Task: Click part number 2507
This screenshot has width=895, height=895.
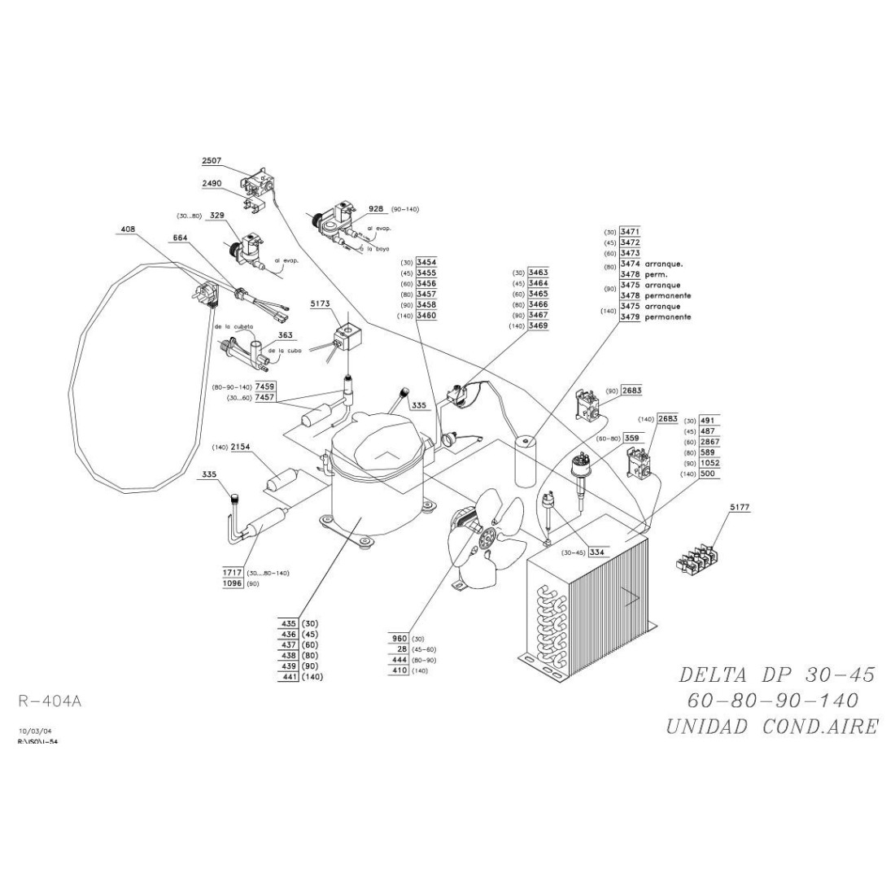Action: coord(212,162)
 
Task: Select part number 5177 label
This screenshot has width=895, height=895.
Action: coord(738,507)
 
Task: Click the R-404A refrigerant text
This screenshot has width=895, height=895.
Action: coord(50,700)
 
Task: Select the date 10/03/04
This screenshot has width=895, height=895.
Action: coord(33,732)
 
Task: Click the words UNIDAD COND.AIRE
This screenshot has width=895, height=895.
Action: coord(771,727)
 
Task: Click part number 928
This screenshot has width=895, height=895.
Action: coord(375,209)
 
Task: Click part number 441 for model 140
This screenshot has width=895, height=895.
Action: coord(289,677)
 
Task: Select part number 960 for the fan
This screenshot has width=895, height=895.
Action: coord(399,639)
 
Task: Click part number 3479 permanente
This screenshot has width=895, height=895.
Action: coord(630,317)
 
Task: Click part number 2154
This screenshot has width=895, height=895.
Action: coord(239,447)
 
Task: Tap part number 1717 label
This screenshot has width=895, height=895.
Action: coord(233,573)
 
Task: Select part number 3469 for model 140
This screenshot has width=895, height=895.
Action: coord(538,325)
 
